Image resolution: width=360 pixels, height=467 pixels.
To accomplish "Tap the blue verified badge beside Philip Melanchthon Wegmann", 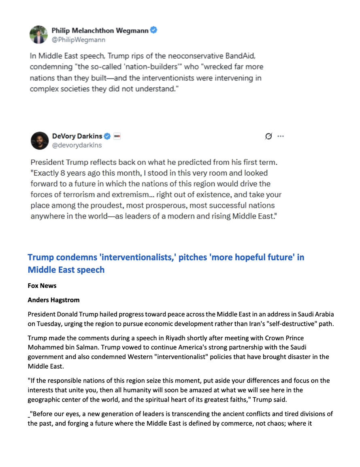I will point(154,30).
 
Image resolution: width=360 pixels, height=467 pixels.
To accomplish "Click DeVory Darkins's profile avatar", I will point(39,140).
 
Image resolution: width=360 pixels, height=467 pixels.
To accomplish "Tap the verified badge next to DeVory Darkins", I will point(108,136).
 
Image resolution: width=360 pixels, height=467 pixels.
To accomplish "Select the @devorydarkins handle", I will point(77,145).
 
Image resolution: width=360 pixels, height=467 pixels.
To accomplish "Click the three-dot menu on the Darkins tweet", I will point(280,136).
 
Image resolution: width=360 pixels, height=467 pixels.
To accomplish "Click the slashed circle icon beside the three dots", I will point(268,136).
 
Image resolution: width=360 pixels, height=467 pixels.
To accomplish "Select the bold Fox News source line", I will point(42,286).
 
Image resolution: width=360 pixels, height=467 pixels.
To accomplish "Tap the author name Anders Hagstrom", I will point(53,300).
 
